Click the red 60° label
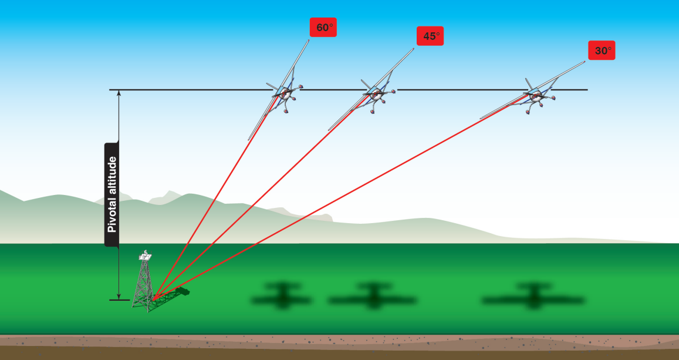pos(323,28)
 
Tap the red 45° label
pos(430,36)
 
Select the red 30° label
pos(602,51)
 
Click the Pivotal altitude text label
pos(112,194)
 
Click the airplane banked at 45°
pos(373,93)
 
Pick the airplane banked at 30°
pos(535,95)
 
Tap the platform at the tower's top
pos(144,257)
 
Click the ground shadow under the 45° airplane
pos(372,297)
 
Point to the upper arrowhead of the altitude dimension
pos(119,93)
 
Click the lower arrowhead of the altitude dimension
pos(119,296)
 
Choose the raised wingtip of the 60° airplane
pos(308,41)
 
